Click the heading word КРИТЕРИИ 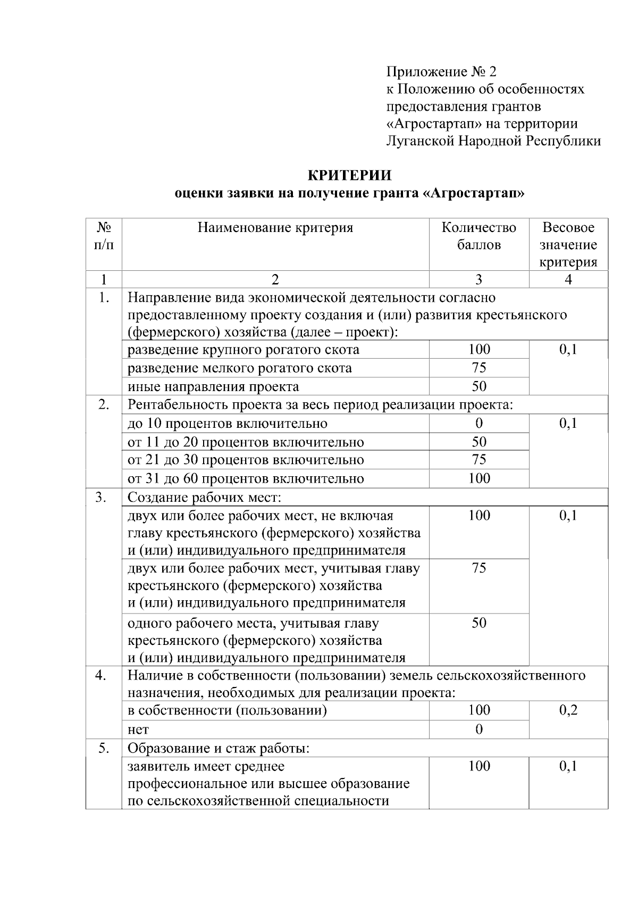pyautogui.click(x=350, y=175)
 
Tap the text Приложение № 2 pyautogui.click(x=441, y=71)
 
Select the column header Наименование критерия pyautogui.click(x=275, y=228)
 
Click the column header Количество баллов pyautogui.click(x=478, y=236)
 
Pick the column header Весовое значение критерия pyautogui.click(x=568, y=245)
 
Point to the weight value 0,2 pyautogui.click(x=568, y=710)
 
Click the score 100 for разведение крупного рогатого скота pyautogui.click(x=478, y=350)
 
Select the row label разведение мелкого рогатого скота pyautogui.click(x=240, y=368)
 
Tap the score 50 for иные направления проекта pyautogui.click(x=478, y=386)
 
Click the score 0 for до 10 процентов pyautogui.click(x=478, y=424)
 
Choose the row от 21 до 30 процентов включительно pyautogui.click(x=246, y=460)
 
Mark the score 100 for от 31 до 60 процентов pyautogui.click(x=478, y=478)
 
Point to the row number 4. pyautogui.click(x=103, y=675)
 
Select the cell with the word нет pyautogui.click(x=138, y=730)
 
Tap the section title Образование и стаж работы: pyautogui.click(x=219, y=748)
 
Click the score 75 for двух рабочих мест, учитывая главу pyautogui.click(x=478, y=568)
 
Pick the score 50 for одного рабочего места pyautogui.click(x=478, y=623)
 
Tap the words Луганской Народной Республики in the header pyautogui.click(x=493, y=141)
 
